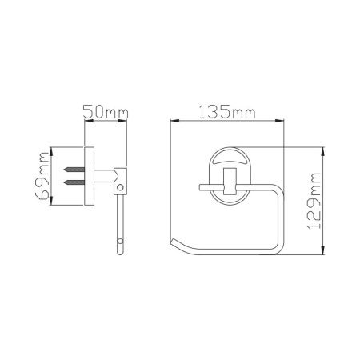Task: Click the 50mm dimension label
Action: (x=106, y=113)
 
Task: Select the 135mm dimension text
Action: (x=228, y=112)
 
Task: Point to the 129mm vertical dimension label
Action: (x=314, y=200)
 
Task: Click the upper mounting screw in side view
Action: (x=74, y=170)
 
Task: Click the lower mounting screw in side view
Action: (x=74, y=183)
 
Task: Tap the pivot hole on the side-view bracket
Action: (x=121, y=189)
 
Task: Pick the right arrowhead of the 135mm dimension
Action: (x=282, y=122)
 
